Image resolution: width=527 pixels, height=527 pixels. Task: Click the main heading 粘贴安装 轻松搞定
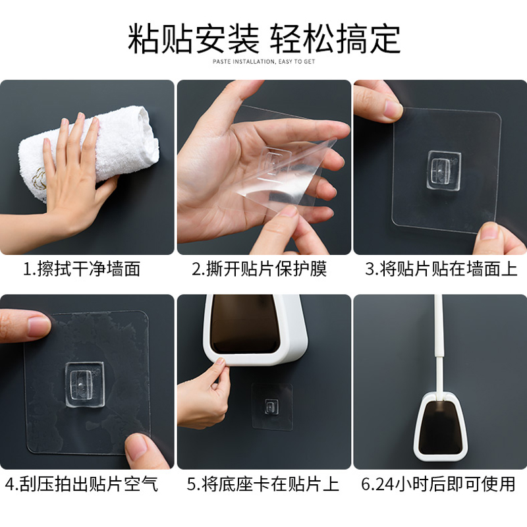[x=264, y=39]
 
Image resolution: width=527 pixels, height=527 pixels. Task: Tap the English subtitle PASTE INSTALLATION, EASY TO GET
[x=264, y=61]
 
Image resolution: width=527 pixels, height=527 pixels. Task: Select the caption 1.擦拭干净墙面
[x=82, y=269]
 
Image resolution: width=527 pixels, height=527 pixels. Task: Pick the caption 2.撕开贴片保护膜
[x=259, y=269]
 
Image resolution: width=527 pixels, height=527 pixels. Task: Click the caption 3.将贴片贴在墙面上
[x=441, y=269]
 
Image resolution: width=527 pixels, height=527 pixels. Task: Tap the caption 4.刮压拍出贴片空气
[x=82, y=484]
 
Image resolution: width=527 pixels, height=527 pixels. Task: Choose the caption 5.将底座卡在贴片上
[x=263, y=484]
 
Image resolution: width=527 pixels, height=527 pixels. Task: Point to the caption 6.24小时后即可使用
[x=438, y=484]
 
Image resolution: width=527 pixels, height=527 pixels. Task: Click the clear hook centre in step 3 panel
[x=443, y=171]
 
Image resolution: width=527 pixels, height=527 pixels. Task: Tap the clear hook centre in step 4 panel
[x=84, y=385]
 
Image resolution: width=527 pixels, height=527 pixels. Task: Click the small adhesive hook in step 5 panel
[x=271, y=406]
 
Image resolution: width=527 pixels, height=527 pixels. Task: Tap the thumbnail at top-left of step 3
[x=393, y=110]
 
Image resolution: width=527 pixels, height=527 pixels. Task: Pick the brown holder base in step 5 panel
[x=245, y=324]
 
